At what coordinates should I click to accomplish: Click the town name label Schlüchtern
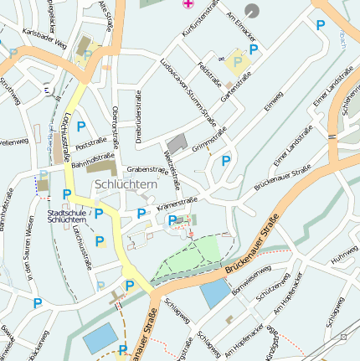(x=126, y=184)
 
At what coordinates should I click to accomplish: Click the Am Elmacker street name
(x=242, y=18)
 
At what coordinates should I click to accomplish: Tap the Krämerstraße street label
(x=177, y=203)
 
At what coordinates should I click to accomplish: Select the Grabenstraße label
(x=147, y=169)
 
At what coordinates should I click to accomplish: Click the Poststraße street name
(x=91, y=145)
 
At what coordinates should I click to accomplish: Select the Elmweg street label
(x=274, y=102)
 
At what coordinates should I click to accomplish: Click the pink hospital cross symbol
(x=188, y=3)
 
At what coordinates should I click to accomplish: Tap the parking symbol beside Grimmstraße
(x=225, y=160)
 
